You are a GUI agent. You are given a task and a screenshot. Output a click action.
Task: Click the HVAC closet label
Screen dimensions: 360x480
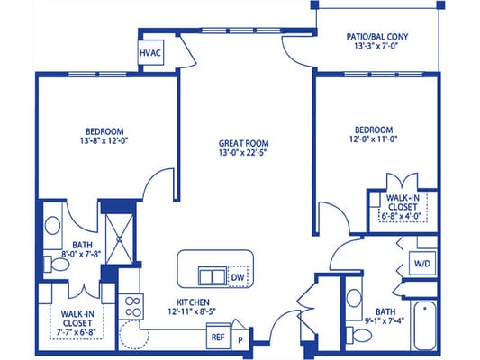click(149, 53)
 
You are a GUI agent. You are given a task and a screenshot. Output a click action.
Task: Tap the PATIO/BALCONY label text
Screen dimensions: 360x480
click(377, 38)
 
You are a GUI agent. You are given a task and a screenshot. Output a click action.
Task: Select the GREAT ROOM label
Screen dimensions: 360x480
click(245, 142)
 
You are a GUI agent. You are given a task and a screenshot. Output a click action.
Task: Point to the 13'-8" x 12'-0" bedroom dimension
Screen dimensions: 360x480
click(104, 140)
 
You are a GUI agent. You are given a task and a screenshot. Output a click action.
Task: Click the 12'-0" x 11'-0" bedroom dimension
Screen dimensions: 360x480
click(374, 140)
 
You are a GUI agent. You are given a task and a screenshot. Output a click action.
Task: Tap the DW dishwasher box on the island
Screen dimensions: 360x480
click(238, 277)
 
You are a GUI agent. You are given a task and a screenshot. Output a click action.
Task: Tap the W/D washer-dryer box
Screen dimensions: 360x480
click(421, 264)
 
